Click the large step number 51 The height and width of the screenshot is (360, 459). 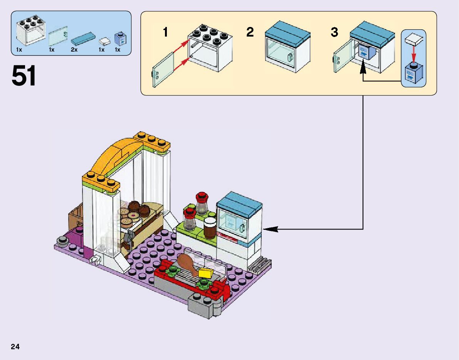click(x=24, y=75)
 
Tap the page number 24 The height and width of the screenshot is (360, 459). click(x=15, y=347)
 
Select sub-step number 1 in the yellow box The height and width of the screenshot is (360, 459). click(x=165, y=32)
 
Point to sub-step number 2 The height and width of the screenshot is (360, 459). click(x=250, y=32)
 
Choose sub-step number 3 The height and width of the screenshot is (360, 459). click(x=334, y=32)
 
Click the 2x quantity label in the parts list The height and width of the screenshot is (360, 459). click(x=74, y=50)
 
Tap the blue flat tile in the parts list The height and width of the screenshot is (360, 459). click(x=83, y=39)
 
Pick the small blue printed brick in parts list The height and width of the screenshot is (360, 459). click(x=120, y=39)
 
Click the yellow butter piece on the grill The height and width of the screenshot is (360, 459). click(x=205, y=273)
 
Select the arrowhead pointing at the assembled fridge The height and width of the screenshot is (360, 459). click(x=270, y=229)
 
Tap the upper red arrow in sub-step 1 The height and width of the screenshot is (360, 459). click(x=181, y=46)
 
